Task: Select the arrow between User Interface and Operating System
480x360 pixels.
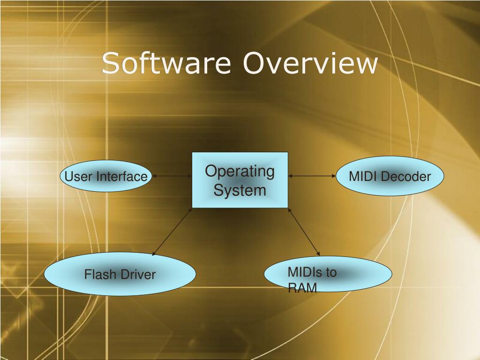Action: coord(172,176)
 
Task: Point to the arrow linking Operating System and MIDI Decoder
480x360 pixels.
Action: coord(312,176)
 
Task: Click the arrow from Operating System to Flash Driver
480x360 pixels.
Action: coord(172,232)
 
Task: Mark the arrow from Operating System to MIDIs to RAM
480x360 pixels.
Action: coord(303,232)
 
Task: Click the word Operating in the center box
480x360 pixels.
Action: coord(240,171)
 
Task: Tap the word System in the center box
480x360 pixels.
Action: coord(240,191)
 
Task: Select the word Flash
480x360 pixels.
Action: coord(98,274)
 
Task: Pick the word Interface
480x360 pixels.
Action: coord(122,177)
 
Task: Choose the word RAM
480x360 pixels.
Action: coord(302,288)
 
